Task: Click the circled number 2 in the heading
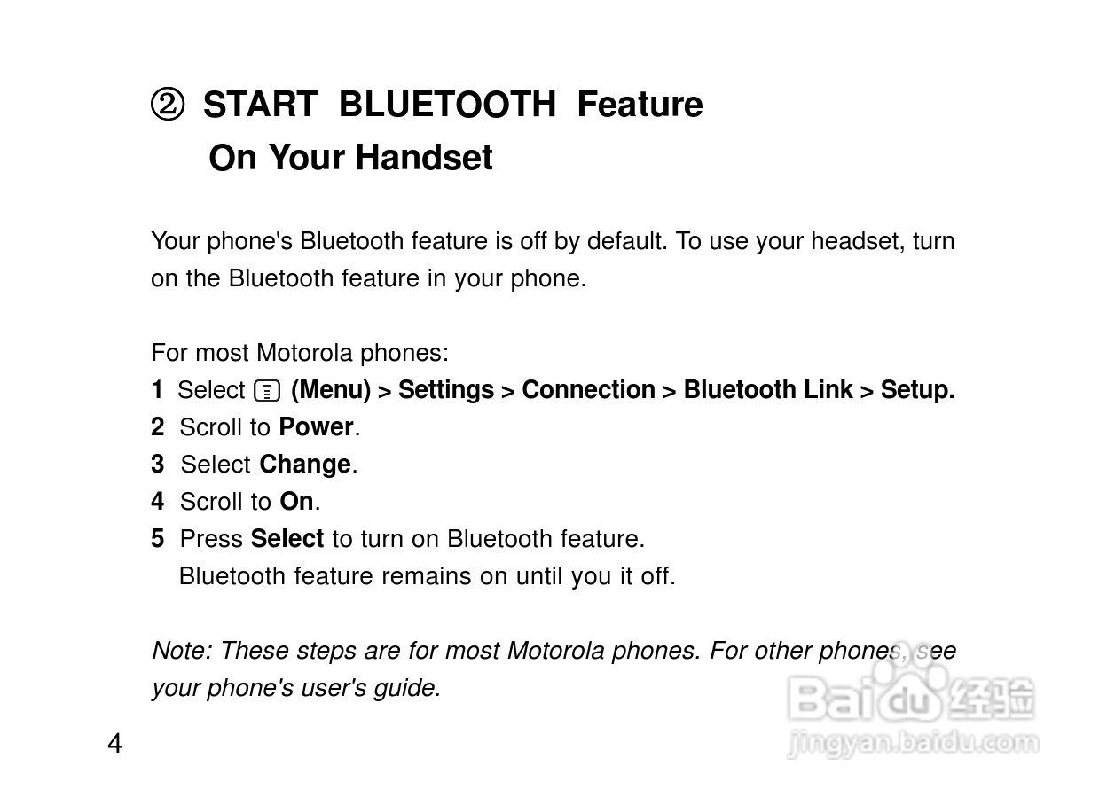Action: pos(168,105)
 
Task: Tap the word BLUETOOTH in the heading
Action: pos(447,105)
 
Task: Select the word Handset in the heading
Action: pos(424,158)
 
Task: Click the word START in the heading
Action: pos(260,105)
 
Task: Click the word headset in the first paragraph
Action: pos(858,241)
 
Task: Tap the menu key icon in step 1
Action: pos(267,391)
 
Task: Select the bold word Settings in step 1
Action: pos(446,390)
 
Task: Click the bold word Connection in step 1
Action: pos(589,390)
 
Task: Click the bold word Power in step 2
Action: pos(317,426)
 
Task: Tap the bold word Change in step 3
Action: pos(305,465)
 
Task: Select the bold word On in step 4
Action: pos(296,501)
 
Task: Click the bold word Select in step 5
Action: pos(287,538)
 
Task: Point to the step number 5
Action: pos(157,538)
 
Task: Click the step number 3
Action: pos(157,465)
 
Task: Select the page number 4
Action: pos(114,743)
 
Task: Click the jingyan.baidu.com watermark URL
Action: pos(913,744)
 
